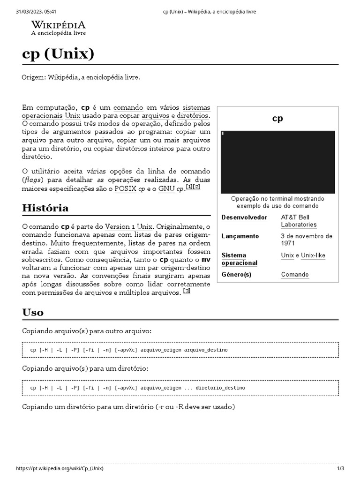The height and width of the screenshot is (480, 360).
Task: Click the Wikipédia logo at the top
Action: (x=58, y=28)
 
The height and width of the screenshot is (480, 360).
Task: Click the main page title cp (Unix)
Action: (x=58, y=54)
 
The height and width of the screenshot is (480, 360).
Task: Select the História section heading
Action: (x=45, y=208)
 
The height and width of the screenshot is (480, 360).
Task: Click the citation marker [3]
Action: (x=187, y=292)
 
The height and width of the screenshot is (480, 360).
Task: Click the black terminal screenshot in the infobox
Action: (x=277, y=162)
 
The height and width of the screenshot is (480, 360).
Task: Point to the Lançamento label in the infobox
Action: (x=240, y=236)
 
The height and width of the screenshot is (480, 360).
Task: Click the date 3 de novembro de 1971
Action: (x=307, y=240)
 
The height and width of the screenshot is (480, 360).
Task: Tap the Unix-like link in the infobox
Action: (x=313, y=255)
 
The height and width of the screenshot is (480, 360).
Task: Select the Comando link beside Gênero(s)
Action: (x=295, y=275)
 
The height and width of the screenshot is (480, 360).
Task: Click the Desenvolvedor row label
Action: (x=244, y=217)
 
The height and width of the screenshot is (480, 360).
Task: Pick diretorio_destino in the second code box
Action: (x=220, y=388)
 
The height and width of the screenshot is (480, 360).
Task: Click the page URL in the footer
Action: (x=60, y=469)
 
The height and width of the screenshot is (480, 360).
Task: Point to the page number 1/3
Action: (x=340, y=469)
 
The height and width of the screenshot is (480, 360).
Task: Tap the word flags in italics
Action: (x=34, y=180)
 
